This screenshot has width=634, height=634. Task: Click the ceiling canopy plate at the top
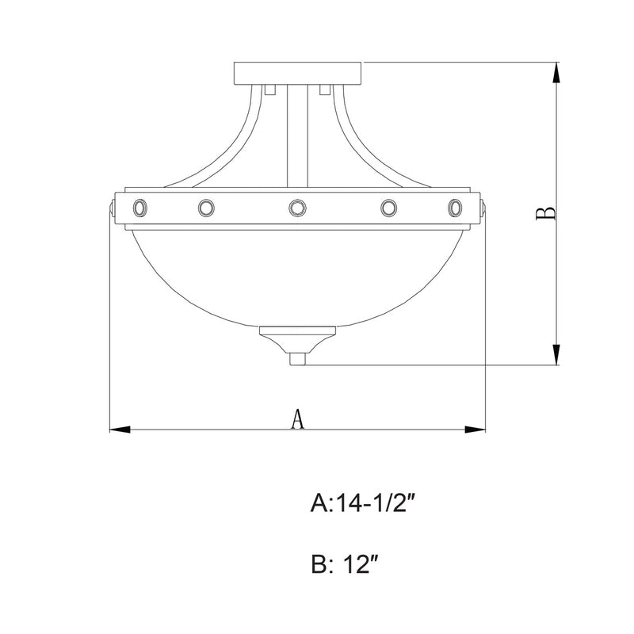(x=298, y=73)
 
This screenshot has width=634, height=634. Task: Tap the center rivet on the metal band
(x=298, y=208)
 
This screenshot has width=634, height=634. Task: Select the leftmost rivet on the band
(x=140, y=208)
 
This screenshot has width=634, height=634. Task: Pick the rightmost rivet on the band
(x=455, y=208)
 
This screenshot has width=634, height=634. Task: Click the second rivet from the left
(x=206, y=208)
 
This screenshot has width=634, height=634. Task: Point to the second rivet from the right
(x=388, y=208)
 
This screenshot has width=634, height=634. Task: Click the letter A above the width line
(x=298, y=419)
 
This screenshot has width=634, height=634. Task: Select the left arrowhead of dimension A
(x=120, y=430)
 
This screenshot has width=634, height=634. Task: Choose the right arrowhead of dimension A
(x=475, y=430)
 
